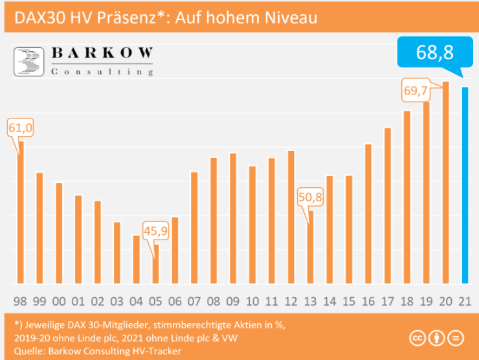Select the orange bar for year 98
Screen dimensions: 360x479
click(20, 214)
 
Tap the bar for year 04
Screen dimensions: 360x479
click(136, 259)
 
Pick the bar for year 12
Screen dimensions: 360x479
click(291, 217)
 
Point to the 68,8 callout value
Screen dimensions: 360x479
click(434, 53)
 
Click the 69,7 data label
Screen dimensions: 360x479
click(416, 91)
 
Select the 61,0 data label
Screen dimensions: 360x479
click(20, 128)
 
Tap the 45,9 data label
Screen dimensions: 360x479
click(155, 231)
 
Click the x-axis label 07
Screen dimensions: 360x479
click(194, 300)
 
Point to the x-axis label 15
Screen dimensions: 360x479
click(348, 300)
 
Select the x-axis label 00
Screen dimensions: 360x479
click(59, 300)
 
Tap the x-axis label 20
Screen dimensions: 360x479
click(445, 300)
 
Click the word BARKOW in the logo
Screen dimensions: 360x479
click(102, 54)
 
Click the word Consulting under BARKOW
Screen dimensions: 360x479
click(102, 71)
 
